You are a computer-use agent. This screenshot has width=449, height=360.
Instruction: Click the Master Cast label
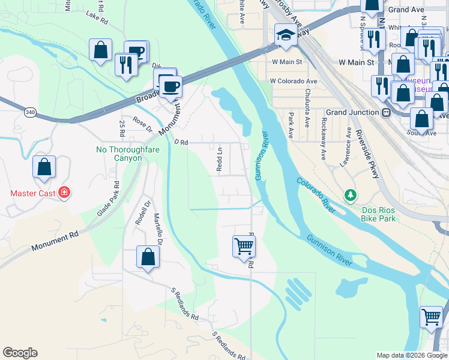point(32,193)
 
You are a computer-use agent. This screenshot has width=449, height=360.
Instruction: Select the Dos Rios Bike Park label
point(379,214)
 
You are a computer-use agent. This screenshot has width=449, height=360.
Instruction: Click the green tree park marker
point(350,195)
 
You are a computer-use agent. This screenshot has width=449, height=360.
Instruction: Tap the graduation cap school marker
point(286,35)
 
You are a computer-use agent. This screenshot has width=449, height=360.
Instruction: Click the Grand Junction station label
point(354,112)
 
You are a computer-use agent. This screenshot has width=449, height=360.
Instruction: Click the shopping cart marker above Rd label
point(244,245)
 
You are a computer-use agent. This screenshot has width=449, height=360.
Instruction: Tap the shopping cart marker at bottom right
point(432,316)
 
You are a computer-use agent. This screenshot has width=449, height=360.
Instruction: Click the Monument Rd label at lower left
point(55,242)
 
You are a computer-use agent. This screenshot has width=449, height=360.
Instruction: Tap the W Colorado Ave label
point(293,80)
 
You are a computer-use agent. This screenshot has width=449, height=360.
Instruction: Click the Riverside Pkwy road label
point(367,153)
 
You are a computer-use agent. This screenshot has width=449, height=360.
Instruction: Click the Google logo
point(20,353)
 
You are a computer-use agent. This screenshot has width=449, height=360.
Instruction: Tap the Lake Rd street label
point(96,16)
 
